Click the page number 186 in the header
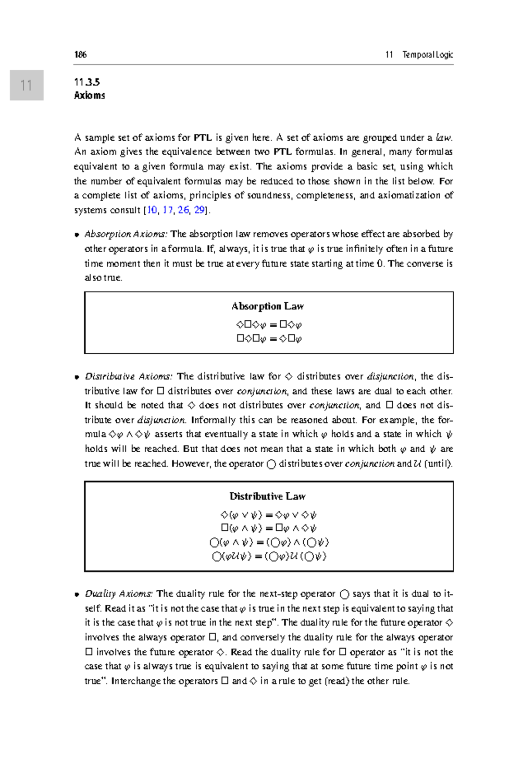pyautogui.click(x=80, y=54)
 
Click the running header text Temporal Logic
pyautogui.click(x=427, y=54)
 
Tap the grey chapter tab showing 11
pyautogui.click(x=27, y=85)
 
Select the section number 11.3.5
pyautogui.click(x=87, y=82)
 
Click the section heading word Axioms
pyautogui.click(x=89, y=95)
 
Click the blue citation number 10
pyautogui.click(x=152, y=210)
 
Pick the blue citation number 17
pyautogui.click(x=168, y=210)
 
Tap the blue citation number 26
pyautogui.click(x=183, y=210)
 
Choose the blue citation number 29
pyautogui.click(x=199, y=210)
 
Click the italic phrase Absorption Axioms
pyautogui.click(x=126, y=234)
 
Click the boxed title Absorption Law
pyautogui.click(x=268, y=306)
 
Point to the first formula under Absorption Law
pyautogui.click(x=268, y=325)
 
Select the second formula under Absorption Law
pyautogui.click(x=269, y=339)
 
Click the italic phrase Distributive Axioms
pyautogui.click(x=129, y=376)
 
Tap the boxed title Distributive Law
pyautogui.click(x=268, y=496)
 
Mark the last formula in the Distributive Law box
pyautogui.click(x=269, y=556)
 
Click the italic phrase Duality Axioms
pyautogui.click(x=119, y=593)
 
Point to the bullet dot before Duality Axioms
pyautogui.click(x=77, y=594)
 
